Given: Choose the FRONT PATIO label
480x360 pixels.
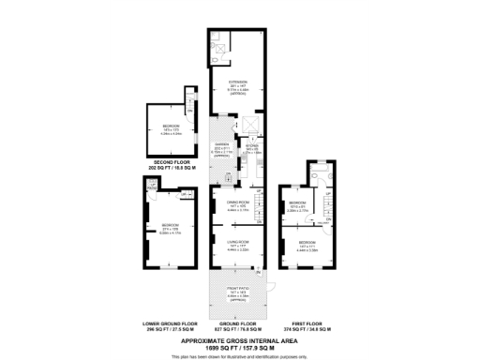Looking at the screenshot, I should click(235, 291).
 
